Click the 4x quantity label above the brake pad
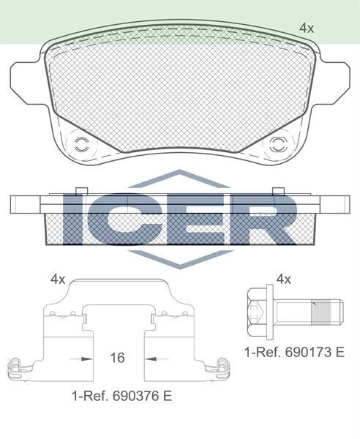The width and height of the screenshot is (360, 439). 307,28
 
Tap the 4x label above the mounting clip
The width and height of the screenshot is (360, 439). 58,279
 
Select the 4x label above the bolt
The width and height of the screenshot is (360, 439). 285,279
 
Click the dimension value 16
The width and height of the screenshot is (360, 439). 117,358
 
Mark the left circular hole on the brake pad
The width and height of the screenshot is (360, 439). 81,141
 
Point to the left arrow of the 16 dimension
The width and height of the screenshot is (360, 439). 82,359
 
